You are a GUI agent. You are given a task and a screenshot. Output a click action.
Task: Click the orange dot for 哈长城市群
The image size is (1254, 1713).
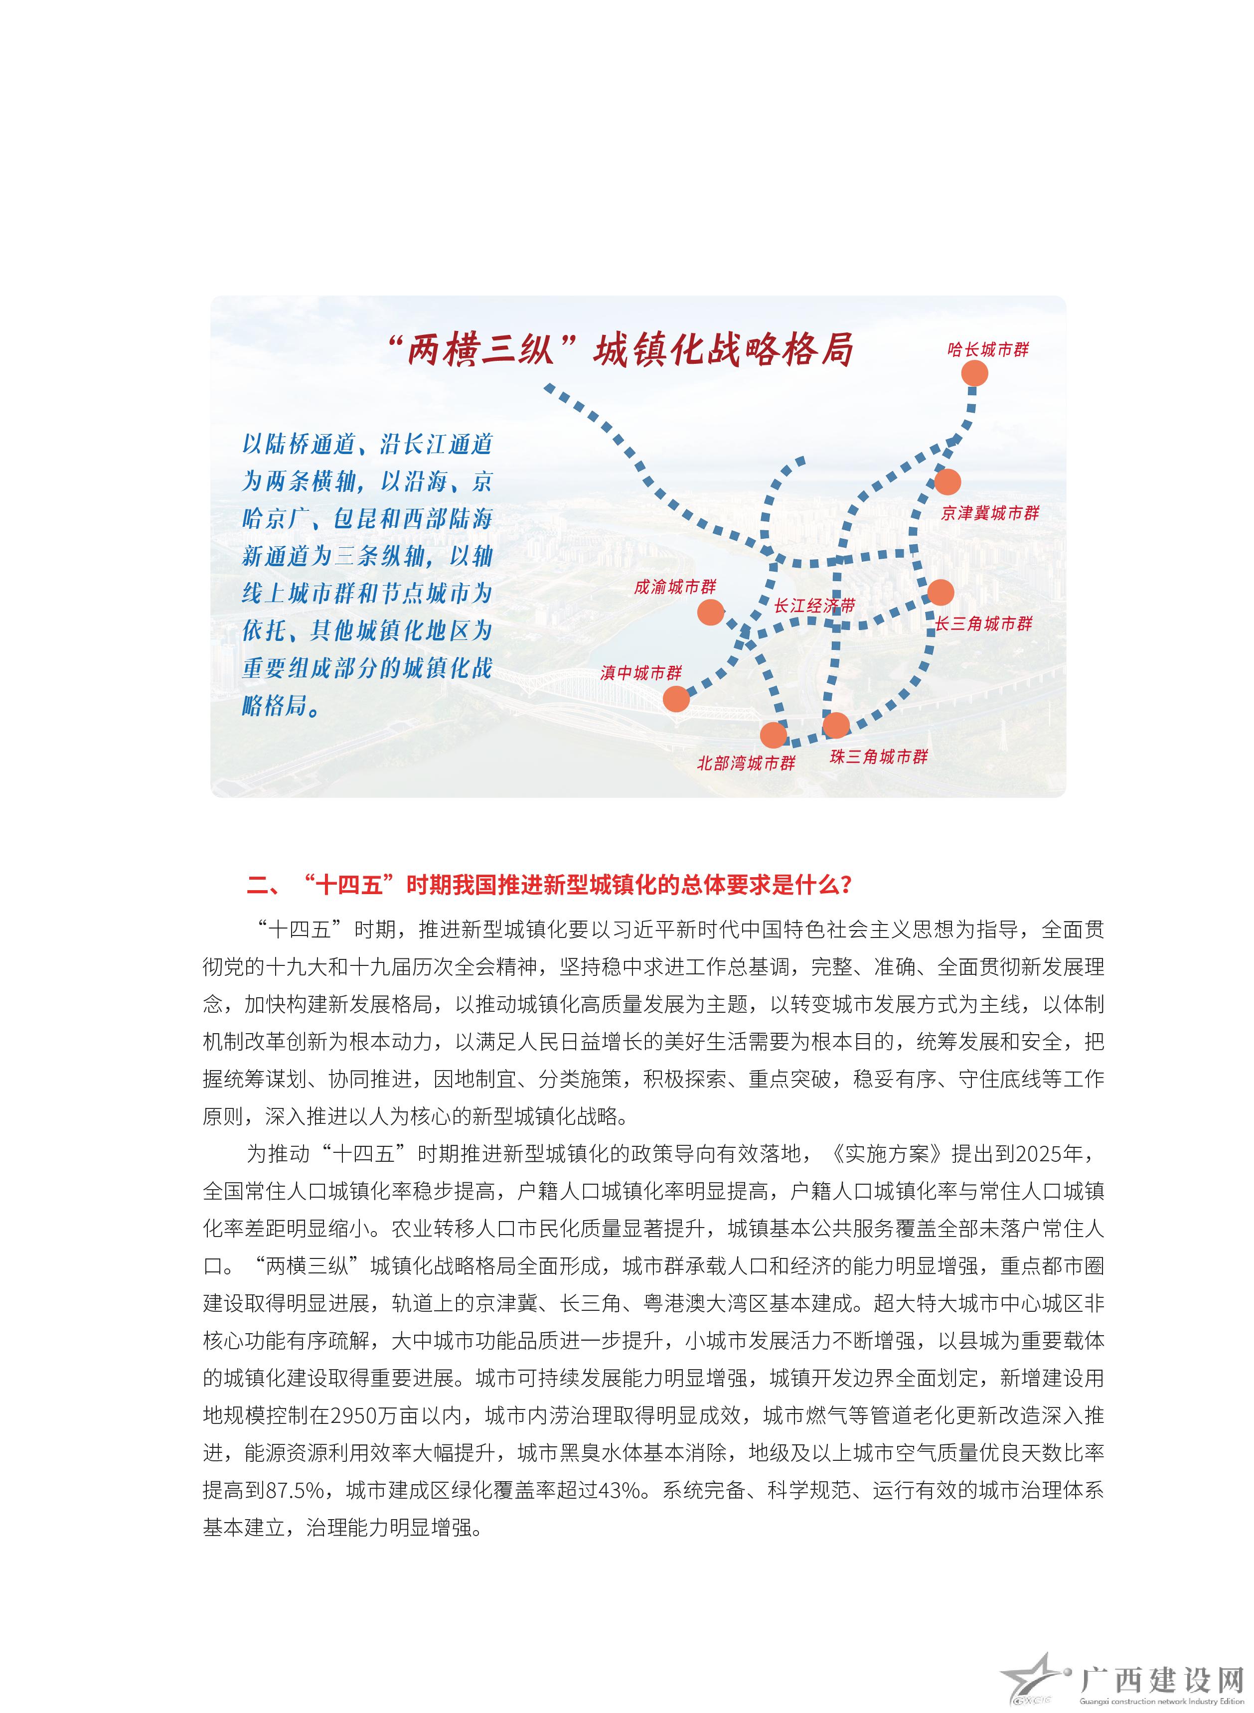click(x=974, y=373)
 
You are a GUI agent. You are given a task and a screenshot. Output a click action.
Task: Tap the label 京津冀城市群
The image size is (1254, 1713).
click(x=990, y=513)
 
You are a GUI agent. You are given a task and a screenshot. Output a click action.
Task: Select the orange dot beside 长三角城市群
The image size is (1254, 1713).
click(x=940, y=592)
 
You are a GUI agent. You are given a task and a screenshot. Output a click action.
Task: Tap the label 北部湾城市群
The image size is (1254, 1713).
click(x=746, y=764)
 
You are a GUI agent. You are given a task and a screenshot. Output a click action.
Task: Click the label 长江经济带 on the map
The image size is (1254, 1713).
click(x=814, y=606)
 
